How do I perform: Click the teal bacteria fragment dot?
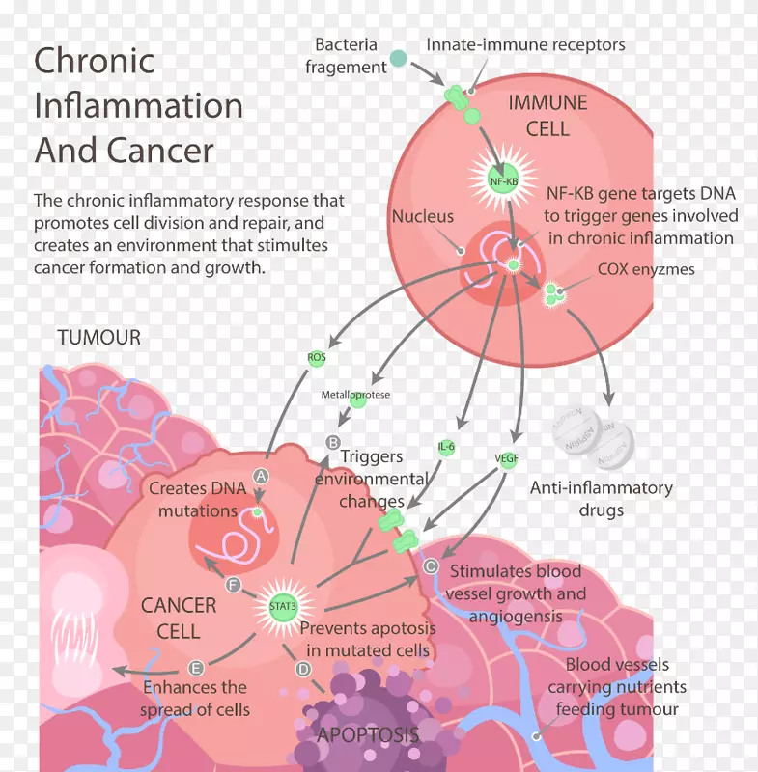coord(398,60)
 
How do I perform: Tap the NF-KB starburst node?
coord(502,179)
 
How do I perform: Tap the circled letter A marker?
coord(259,475)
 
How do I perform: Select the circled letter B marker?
coord(334,441)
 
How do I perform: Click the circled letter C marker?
coord(431,567)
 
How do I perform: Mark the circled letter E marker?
coord(196,668)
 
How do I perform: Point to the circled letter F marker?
coord(233,585)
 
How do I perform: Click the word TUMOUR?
coord(98,338)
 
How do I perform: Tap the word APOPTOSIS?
coord(368,735)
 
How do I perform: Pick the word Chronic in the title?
coord(94,61)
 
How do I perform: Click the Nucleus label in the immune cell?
coord(422,217)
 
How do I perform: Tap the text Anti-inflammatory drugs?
coord(601,498)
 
